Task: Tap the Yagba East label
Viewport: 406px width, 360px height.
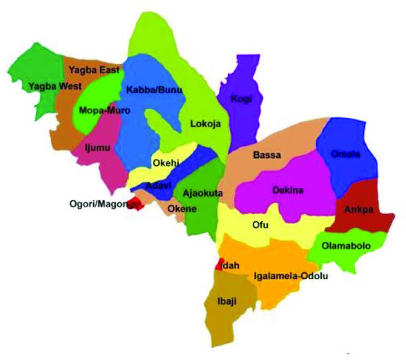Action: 95,70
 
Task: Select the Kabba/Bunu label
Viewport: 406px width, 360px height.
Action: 149,91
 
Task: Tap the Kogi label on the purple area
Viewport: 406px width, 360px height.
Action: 242,99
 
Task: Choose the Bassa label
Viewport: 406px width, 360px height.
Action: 267,155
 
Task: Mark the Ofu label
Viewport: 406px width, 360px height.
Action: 260,225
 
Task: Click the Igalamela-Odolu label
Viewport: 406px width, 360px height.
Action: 291,276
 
